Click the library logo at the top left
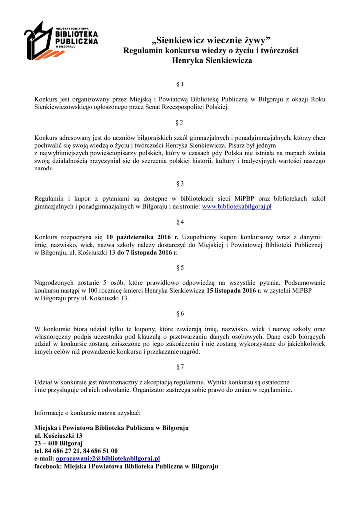point(61,40)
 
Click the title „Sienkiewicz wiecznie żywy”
point(211,40)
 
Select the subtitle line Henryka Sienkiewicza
point(211,61)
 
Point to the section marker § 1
point(180,85)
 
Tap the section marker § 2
point(180,122)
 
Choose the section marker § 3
point(180,183)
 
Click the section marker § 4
point(180,222)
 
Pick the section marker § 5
point(180,268)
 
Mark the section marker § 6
point(180,314)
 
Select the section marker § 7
point(180,367)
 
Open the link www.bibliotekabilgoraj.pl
point(236,207)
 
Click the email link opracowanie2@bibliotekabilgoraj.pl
point(107,458)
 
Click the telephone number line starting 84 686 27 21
point(76,451)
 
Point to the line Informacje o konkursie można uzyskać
point(87,413)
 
